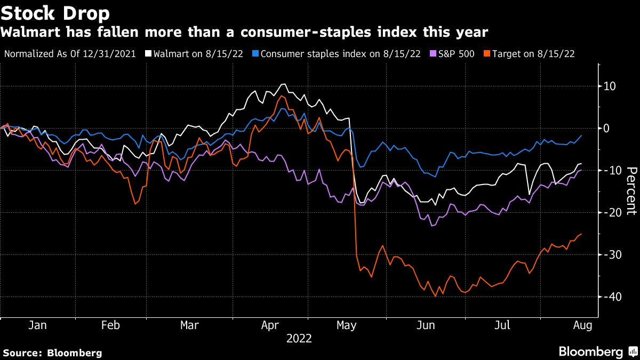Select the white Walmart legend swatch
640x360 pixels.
(x=148, y=54)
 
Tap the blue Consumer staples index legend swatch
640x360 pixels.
(x=256, y=54)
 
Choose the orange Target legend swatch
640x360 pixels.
(x=487, y=54)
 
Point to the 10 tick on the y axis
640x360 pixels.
(x=610, y=86)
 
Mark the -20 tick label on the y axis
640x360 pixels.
(x=610, y=212)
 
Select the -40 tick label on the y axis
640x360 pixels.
(x=610, y=297)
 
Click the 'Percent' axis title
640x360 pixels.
(x=631, y=191)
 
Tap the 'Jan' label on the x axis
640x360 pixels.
(x=37, y=325)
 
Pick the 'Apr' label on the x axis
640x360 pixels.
(x=269, y=325)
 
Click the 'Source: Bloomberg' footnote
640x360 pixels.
(x=52, y=353)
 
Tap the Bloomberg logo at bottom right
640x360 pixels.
(x=597, y=351)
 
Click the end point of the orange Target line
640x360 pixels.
(x=581, y=234)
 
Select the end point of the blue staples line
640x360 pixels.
(x=581, y=135)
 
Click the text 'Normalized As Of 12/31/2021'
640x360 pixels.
(x=69, y=54)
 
